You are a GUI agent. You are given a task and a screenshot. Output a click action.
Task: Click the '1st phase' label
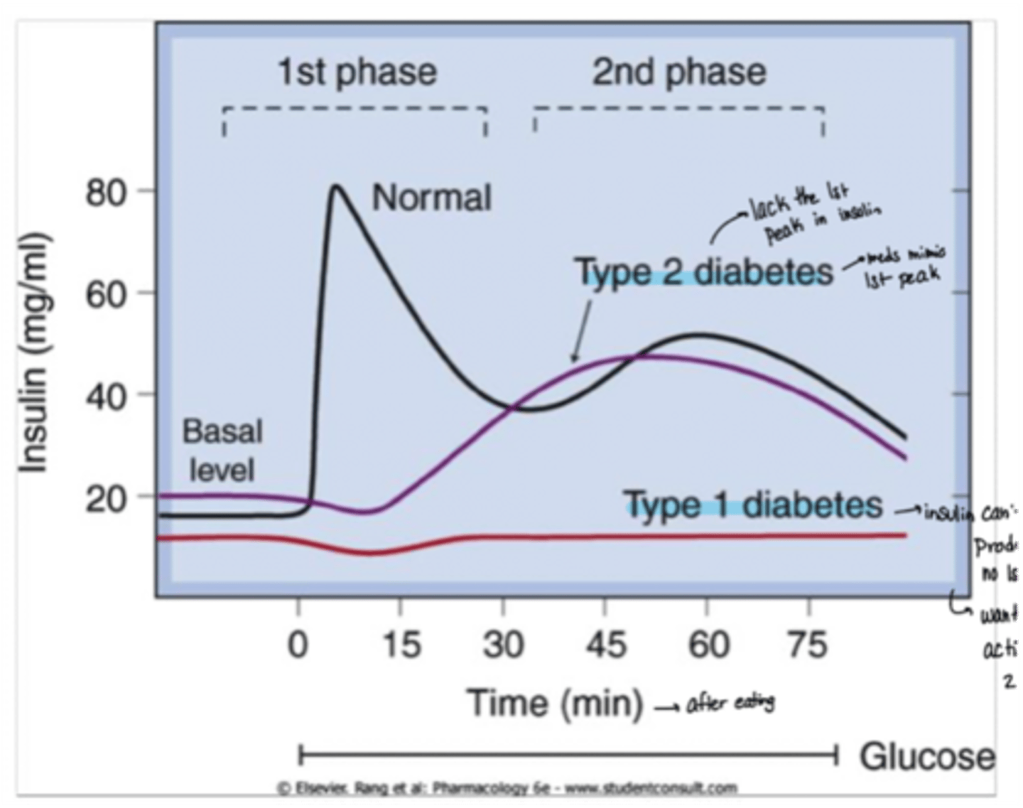coord(357,72)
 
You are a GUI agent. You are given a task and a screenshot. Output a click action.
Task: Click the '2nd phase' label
coord(679,72)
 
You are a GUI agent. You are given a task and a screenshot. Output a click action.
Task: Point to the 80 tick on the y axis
coord(107,193)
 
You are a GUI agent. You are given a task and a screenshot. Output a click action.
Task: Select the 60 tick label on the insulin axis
coord(107,294)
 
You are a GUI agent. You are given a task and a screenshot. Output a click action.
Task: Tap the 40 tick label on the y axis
coord(107,396)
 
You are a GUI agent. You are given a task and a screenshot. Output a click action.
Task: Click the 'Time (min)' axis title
coord(555,703)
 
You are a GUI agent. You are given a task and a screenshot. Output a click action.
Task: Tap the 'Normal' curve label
coord(431,198)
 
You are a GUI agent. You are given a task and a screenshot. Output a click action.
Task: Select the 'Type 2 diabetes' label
coord(703,272)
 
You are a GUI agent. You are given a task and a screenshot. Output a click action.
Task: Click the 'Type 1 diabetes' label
coord(753,505)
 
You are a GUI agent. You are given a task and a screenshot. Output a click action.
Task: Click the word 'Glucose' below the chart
coord(927,756)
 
